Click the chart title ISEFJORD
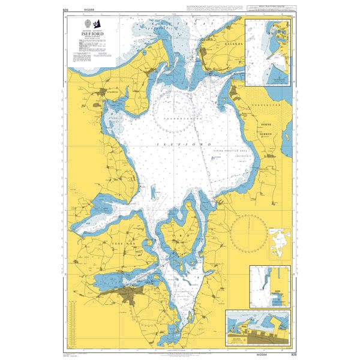[x=91, y=34]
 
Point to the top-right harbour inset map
[x=268, y=53]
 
